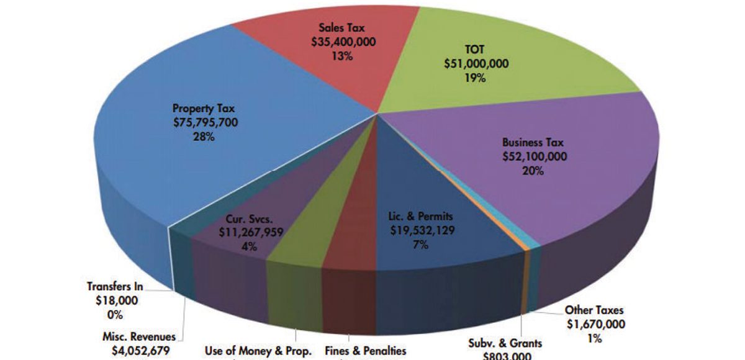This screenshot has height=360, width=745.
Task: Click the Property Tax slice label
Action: [204, 109]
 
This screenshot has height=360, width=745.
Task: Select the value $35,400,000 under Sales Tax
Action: [343, 42]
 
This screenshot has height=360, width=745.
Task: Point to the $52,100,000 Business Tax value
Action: [534, 156]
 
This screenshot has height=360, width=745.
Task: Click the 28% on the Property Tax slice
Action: [204, 137]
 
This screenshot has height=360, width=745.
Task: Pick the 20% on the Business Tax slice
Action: [534, 171]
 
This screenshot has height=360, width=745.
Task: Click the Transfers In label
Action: [115, 287]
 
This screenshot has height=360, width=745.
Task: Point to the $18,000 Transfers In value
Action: [114, 301]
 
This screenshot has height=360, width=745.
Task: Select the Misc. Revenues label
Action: [139, 336]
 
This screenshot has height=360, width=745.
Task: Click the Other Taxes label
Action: [594, 310]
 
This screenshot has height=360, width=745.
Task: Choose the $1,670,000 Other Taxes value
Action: [595, 325]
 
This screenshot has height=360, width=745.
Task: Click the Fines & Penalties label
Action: [366, 351]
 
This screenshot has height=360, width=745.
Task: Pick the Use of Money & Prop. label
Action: [258, 351]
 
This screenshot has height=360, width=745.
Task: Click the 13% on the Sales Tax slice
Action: [343, 56]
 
